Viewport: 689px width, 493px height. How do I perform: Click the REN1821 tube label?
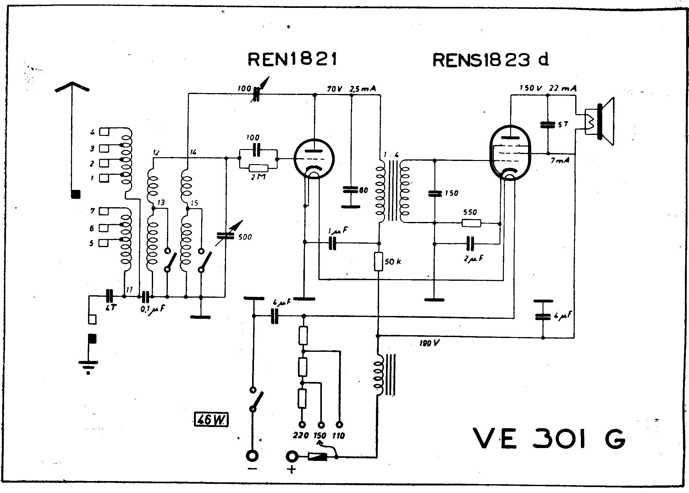tap(292, 60)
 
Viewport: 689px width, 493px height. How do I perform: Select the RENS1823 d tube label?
tap(491, 60)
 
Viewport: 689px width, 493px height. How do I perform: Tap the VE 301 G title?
tap(548, 438)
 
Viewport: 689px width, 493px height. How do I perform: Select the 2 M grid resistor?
tap(259, 169)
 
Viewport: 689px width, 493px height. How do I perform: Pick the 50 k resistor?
tap(378, 262)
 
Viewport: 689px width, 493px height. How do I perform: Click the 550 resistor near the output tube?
tap(471, 223)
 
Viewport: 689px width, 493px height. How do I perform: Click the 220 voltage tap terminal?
tap(302, 425)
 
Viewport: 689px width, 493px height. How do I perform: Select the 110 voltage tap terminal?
tap(339, 425)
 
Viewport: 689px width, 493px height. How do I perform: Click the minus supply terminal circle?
tap(253, 456)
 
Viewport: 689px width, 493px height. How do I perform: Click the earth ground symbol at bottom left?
tap(88, 366)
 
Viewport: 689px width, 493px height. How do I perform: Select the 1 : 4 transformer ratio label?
tap(391, 155)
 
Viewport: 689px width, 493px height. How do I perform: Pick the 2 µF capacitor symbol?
tap(470, 243)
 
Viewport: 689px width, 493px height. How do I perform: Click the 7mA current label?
tap(560, 161)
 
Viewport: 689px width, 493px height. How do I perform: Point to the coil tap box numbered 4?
tap(104, 132)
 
